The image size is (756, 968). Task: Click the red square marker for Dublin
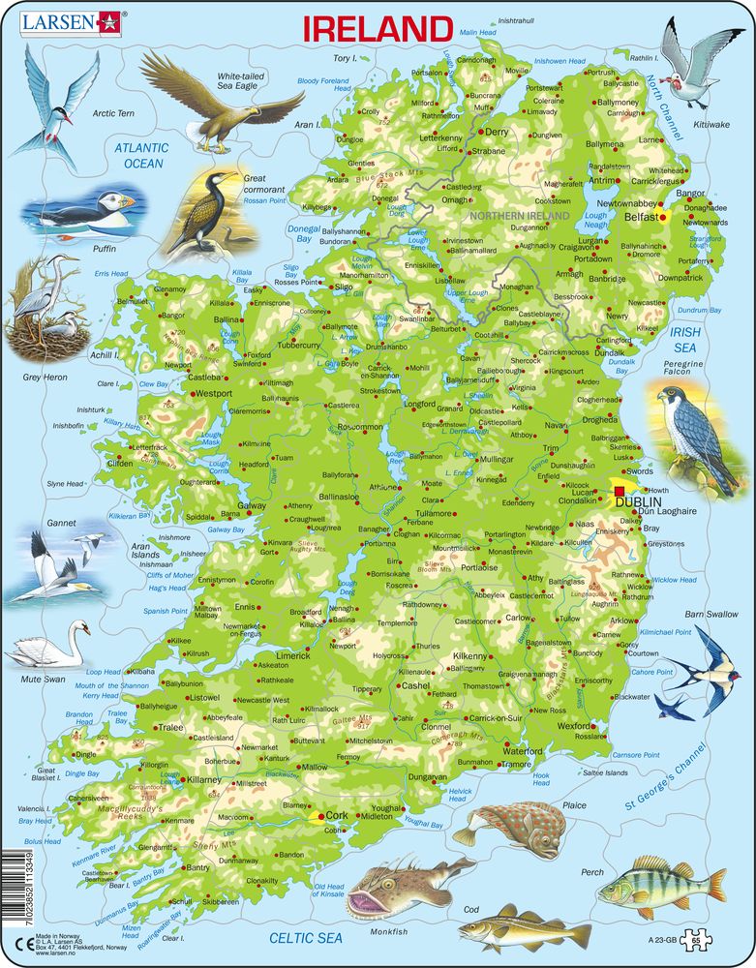coord(620,492)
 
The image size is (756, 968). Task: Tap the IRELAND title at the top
coord(378,28)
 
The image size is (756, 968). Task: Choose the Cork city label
coord(337,815)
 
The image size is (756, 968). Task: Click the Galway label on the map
coord(252,506)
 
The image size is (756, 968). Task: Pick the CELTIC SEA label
coord(307,937)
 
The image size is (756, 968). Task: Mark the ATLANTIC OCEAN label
coord(141,156)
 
